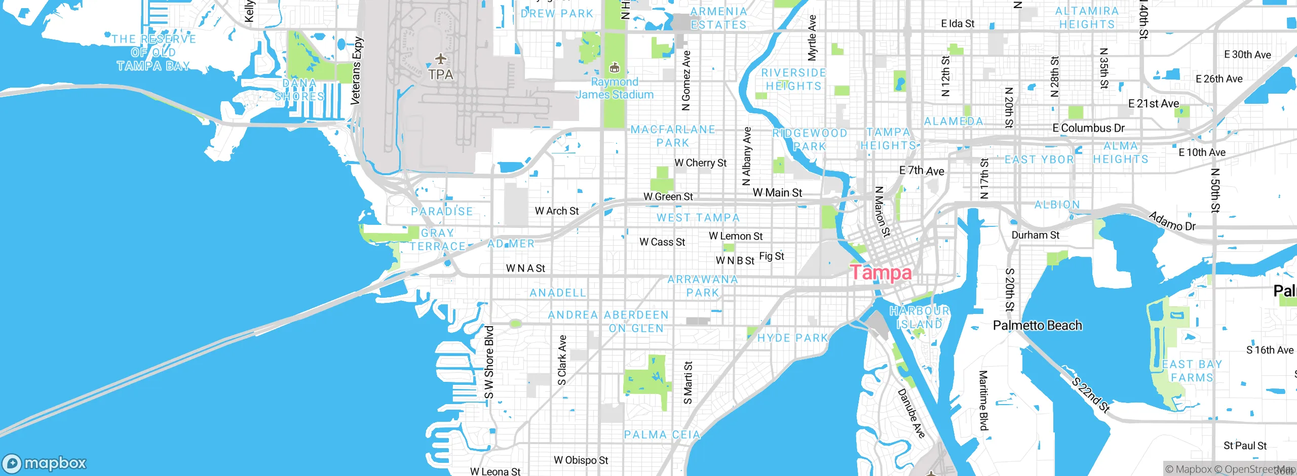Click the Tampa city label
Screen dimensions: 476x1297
[881, 272]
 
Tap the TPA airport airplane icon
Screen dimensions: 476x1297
[441, 59]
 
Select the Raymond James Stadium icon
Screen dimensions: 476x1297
[615, 68]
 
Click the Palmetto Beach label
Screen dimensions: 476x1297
[1037, 326]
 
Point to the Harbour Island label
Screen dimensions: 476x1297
[920, 318]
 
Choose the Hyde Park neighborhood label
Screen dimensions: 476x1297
[792, 338]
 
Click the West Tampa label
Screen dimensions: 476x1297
[698, 218]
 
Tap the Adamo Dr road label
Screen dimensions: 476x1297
[1172, 221]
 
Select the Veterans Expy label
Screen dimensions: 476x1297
[357, 71]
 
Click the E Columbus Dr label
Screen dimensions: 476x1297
[1088, 128]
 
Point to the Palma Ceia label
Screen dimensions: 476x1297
[662, 435]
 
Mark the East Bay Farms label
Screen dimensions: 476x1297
[1192, 371]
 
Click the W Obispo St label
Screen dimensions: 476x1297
[581, 460]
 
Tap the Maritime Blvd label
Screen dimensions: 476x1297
[983, 400]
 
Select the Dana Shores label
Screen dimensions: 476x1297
[299, 90]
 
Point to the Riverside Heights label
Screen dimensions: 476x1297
[793, 80]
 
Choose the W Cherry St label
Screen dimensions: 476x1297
[700, 163]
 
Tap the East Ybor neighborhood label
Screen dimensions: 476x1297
[1039, 160]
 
